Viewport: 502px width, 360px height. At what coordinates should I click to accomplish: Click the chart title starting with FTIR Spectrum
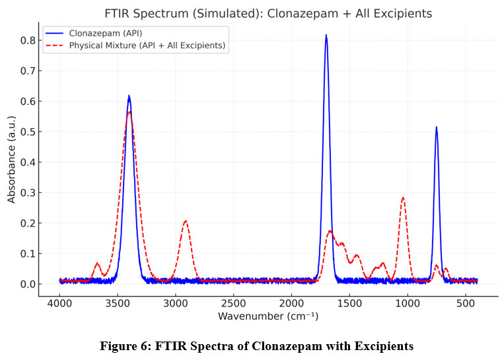(x=268, y=13)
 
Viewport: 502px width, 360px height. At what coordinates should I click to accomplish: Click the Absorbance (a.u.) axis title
(x=11, y=159)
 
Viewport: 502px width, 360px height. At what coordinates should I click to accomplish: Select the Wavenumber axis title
(x=268, y=317)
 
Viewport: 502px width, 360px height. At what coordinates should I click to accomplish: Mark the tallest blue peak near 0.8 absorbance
(x=326, y=36)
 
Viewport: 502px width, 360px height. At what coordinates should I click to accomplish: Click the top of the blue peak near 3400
(x=129, y=96)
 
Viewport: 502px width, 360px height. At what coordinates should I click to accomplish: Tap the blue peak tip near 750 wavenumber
(x=436, y=127)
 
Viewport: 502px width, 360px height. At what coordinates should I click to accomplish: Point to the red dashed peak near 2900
(x=186, y=221)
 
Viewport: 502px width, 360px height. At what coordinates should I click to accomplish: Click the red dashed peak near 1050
(x=402, y=198)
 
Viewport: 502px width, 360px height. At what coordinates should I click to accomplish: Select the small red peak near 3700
(x=97, y=264)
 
